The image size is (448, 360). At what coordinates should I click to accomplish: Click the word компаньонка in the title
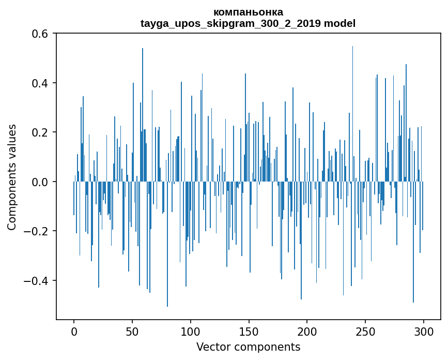click(248, 12)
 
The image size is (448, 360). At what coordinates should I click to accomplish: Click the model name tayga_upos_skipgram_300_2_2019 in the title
click(231, 24)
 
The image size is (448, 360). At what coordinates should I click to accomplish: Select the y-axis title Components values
click(12, 177)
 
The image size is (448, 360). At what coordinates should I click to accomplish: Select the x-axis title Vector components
click(248, 347)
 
